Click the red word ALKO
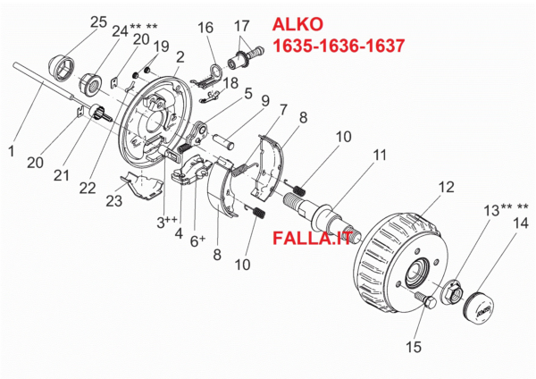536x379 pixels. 300,24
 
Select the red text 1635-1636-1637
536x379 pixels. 339,45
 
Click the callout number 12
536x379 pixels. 421,186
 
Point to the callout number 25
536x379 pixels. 98,21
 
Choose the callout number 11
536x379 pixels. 380,155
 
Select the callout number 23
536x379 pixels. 113,201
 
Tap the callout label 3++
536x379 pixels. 167,223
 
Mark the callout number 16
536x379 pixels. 205,28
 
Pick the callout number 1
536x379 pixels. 11,152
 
